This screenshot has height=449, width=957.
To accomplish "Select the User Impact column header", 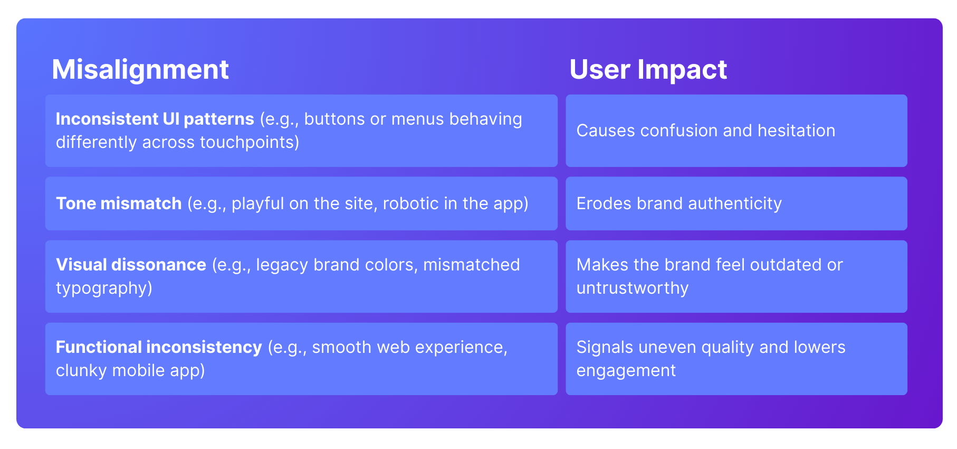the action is coord(648,70).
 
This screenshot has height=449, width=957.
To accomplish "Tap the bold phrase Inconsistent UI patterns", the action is coord(155,119).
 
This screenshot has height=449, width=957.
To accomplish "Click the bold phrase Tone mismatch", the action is coord(119,203).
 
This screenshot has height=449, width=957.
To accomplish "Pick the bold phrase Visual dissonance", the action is coord(131,265).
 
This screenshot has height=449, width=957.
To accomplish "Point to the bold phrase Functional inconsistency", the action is coord(159,348).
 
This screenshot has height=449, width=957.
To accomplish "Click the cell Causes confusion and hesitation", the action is coord(706,130).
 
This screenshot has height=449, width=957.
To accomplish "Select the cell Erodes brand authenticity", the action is coord(679,204).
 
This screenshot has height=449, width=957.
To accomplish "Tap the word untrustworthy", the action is coord(633,288).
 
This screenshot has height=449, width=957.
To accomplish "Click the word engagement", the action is coord(626,371).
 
